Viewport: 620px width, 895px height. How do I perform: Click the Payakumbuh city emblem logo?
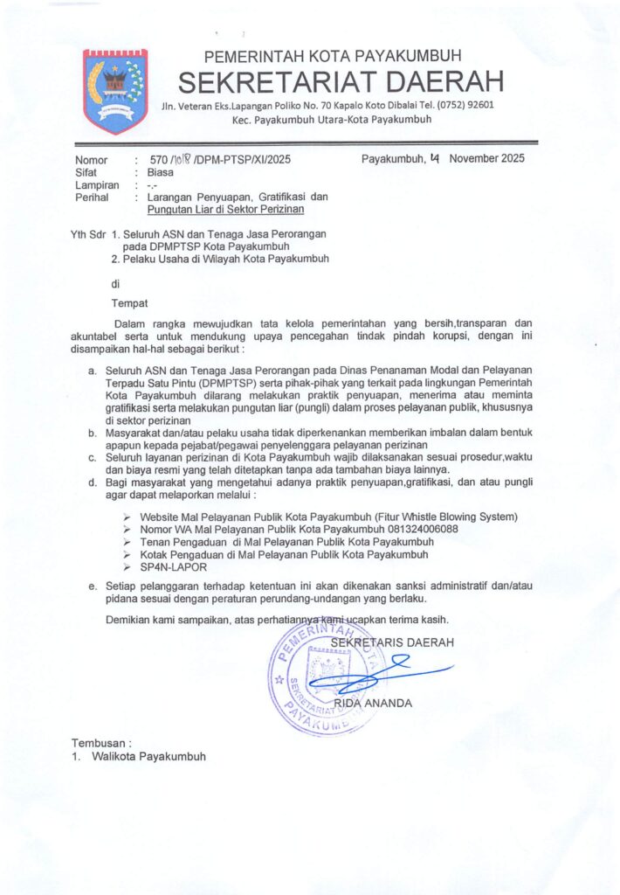[x=114, y=91]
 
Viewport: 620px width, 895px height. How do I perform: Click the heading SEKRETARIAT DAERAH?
[x=341, y=82]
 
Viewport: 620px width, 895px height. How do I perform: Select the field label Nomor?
[x=92, y=161]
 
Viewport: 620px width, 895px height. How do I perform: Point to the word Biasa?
[x=161, y=173]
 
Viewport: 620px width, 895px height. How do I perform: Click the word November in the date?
[x=476, y=159]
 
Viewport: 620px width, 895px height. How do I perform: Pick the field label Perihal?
[x=92, y=198]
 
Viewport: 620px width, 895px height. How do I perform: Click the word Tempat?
[x=128, y=303]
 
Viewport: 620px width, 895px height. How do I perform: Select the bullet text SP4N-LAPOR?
[x=169, y=566]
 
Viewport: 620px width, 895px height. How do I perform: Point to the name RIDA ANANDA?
[x=374, y=703]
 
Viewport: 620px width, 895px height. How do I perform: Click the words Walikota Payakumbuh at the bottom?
[x=150, y=756]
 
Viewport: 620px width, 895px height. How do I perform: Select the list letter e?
[x=93, y=586]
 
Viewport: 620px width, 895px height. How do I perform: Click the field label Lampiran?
[x=97, y=185]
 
